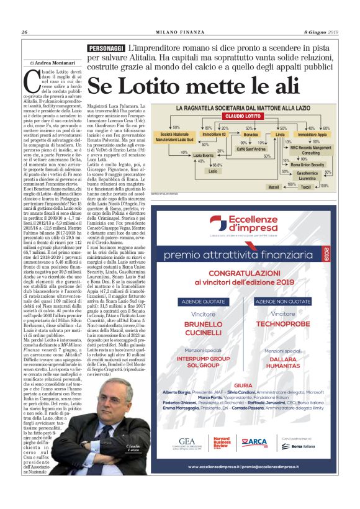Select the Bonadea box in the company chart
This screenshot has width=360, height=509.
pyautogui.click(x=251, y=134)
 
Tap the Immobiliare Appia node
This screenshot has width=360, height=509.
pyautogui.click(x=312, y=134)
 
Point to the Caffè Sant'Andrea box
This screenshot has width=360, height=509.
pyautogui.click(x=253, y=150)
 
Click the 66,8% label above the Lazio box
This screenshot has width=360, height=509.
pyautogui.click(x=217, y=165)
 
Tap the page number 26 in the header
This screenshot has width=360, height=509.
pyautogui.click(x=25, y=32)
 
